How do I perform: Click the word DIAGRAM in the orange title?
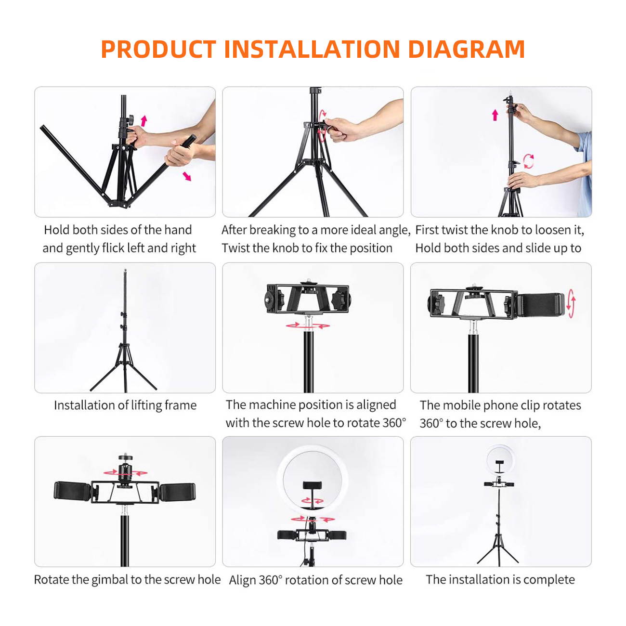[x=466, y=49]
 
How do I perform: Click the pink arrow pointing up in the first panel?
[x=143, y=120]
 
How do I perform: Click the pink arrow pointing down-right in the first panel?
[x=187, y=176]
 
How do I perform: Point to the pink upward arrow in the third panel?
[x=495, y=115]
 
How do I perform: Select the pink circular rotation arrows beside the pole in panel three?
[x=528, y=161]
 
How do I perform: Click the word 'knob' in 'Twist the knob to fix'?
[x=286, y=248]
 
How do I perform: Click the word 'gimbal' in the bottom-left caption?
[x=110, y=580]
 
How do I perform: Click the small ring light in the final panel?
[x=500, y=459]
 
